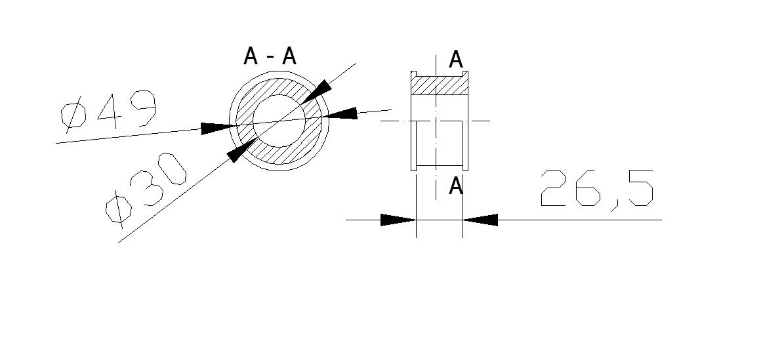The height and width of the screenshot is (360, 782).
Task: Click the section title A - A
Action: click(x=270, y=56)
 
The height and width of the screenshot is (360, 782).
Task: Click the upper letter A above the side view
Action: click(x=456, y=60)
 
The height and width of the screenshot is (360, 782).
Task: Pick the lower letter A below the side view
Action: click(x=456, y=186)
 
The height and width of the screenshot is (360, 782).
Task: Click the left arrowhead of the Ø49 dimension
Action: click(x=218, y=128)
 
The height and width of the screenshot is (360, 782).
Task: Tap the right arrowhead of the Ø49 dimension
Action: click(x=340, y=113)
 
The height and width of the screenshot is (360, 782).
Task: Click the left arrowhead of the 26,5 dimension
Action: click(x=398, y=220)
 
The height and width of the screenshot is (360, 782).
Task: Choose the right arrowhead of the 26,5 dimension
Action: click(x=480, y=220)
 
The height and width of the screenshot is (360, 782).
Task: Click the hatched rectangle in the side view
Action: click(x=440, y=86)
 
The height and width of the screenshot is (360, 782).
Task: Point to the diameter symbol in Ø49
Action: click(x=73, y=115)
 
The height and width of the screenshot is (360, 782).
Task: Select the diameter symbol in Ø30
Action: click(x=118, y=209)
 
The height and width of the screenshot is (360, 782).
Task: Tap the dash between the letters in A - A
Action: click(x=270, y=57)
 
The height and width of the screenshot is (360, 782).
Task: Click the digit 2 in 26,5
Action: click(x=555, y=188)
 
